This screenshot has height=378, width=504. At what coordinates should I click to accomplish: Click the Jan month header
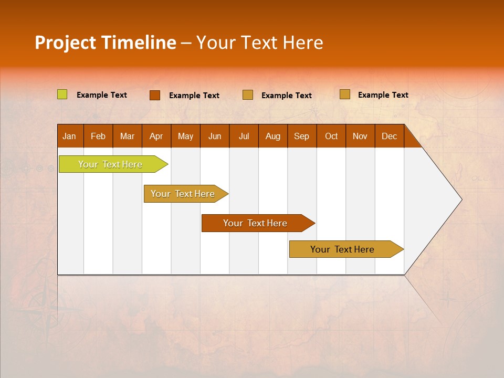tap(69, 136)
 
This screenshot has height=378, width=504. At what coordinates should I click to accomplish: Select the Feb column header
tap(98, 136)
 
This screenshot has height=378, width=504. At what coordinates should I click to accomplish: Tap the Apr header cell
tap(156, 136)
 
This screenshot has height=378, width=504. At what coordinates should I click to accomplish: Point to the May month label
tap(185, 136)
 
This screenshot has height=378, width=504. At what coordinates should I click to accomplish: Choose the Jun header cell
tap(215, 136)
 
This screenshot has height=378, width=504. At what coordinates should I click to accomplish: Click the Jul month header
tap(244, 136)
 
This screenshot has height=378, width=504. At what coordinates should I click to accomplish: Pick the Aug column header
tap(273, 136)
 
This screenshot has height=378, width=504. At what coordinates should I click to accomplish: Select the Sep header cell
tap(301, 136)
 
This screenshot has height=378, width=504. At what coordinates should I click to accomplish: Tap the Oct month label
tap(331, 136)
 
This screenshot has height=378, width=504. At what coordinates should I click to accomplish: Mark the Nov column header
tap(360, 136)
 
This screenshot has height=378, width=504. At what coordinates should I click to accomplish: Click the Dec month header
tap(389, 136)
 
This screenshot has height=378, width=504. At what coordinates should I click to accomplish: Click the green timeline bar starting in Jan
tap(111, 164)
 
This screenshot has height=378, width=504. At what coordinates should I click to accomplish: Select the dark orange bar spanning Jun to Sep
tap(256, 223)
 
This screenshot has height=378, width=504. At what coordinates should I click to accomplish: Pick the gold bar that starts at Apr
tap(183, 194)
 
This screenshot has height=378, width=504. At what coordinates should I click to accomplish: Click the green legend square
tap(62, 94)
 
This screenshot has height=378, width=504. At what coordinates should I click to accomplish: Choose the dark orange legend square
tap(155, 95)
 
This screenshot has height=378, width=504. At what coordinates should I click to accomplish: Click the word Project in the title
tap(66, 43)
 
